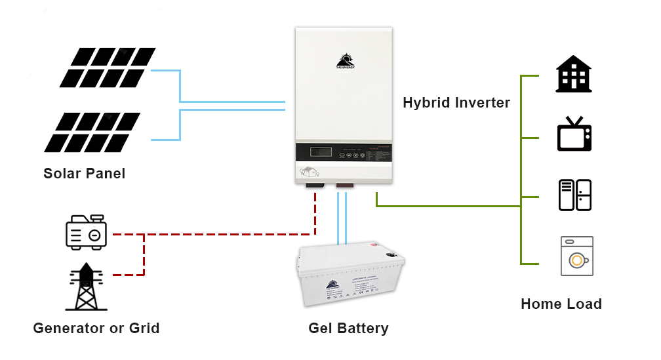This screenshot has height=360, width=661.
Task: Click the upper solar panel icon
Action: point(108,68)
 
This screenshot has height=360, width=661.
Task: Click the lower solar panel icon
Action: point(93,132)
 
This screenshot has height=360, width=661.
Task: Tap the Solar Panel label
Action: point(84,174)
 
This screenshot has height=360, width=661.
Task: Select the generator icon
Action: point(86,231)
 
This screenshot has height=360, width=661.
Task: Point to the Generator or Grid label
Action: point(96,328)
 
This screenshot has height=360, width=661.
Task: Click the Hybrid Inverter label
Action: point(456,103)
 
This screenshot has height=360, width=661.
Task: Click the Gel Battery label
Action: point(348,329)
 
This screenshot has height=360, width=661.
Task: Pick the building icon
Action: point(574,73)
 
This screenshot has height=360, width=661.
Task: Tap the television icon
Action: point(574,134)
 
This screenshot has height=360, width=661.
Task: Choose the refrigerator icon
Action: point(575,195)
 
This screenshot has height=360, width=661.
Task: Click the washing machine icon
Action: point(576,256)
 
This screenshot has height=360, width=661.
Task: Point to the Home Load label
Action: point(561,304)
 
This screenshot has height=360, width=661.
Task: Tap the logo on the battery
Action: point(332,285)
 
